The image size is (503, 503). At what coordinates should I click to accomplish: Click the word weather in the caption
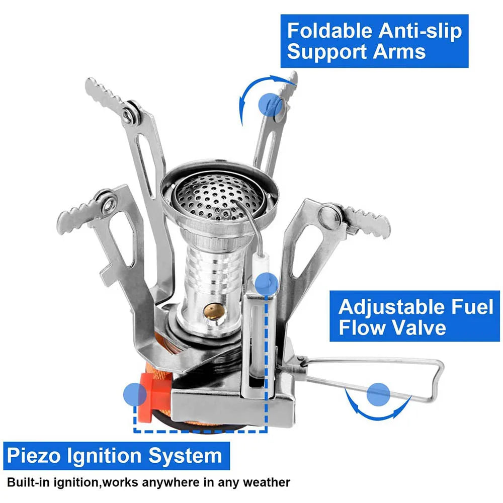(x=265, y=483)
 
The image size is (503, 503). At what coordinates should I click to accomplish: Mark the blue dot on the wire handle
(x=378, y=394)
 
